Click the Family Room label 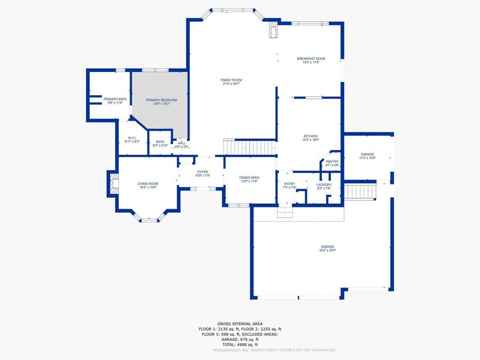(231, 80)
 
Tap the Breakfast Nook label (311, 59)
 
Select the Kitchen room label (311, 136)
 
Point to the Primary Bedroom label (162, 100)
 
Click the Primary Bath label (115, 99)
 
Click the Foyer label (203, 172)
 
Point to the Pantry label (332, 161)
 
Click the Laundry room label (324, 185)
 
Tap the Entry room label (289, 183)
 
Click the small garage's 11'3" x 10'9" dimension (367, 158)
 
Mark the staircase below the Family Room (250, 147)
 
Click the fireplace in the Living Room (114, 183)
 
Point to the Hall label (182, 143)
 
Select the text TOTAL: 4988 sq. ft (240, 344)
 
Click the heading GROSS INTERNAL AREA (240, 324)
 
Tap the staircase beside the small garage (360, 190)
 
